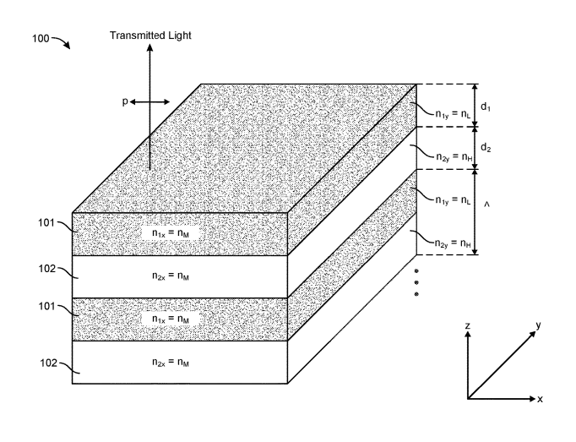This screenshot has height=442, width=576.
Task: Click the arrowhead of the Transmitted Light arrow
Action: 150,49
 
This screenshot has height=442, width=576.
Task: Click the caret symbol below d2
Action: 488,203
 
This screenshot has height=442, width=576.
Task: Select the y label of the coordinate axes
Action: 537,324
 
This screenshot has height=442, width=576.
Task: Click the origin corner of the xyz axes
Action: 468,398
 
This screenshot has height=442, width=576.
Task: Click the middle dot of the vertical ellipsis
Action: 416,284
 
